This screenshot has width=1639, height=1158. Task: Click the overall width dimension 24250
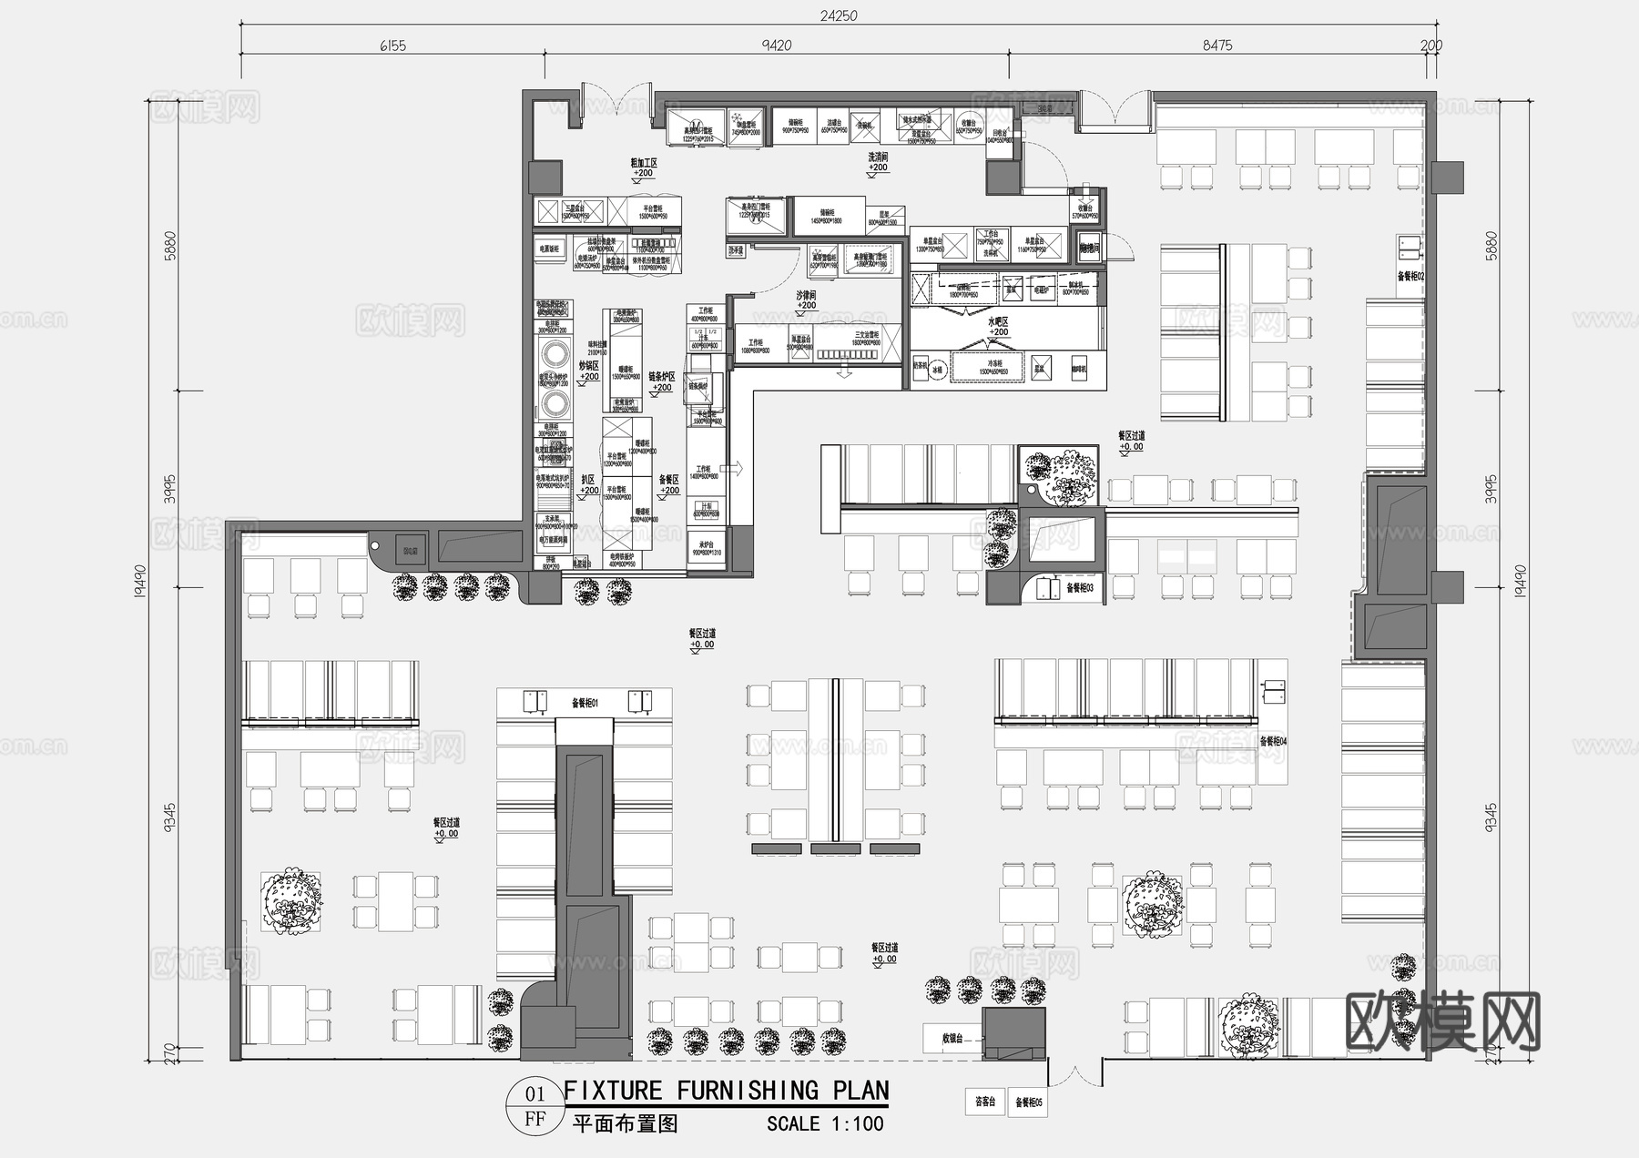click(x=838, y=15)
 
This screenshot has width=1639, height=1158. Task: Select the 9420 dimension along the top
click(x=776, y=46)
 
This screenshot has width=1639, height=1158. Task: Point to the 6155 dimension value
click(x=392, y=46)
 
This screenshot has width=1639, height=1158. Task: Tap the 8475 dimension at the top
click(x=1217, y=46)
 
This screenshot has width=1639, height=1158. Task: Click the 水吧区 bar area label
click(x=999, y=322)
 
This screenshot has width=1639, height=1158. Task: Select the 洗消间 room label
click(x=878, y=157)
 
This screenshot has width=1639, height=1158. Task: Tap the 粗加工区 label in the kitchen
click(x=644, y=163)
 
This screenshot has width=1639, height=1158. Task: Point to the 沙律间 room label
click(x=806, y=296)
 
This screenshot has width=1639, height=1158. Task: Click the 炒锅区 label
click(x=590, y=365)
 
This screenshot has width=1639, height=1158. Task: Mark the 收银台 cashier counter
click(x=952, y=1038)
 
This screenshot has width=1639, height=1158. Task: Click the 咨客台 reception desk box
click(x=985, y=1102)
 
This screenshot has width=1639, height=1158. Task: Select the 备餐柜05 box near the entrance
click(x=1029, y=1102)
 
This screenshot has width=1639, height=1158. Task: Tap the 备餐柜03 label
click(x=1079, y=588)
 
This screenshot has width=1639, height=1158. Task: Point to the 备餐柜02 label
click(x=1410, y=276)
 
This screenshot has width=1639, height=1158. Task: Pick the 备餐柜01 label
click(x=585, y=703)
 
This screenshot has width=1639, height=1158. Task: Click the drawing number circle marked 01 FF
click(x=535, y=1105)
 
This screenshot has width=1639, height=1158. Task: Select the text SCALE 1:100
click(x=825, y=1124)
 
